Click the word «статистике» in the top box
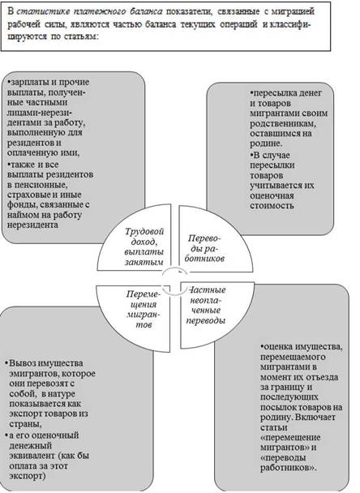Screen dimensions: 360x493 pos(42,12)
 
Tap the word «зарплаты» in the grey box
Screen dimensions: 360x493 pos(28,83)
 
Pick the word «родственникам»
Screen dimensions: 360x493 pos(283,123)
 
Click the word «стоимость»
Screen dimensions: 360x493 pos(272,206)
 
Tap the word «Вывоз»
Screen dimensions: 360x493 pos(23,363)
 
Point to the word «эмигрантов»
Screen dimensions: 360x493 pos(33,374)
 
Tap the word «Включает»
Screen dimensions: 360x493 pos(315,418)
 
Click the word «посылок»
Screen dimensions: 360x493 pos(278,407)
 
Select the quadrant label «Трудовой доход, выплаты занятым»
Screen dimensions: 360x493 pos(144,246)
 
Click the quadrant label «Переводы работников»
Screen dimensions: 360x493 pos(204,248)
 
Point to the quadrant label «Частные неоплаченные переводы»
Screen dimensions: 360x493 pos(206,305)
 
